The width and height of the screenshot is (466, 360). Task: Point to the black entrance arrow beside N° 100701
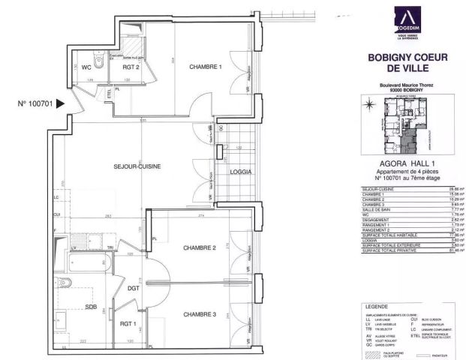coord(61,105)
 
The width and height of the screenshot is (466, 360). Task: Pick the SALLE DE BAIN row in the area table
coord(375,211)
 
